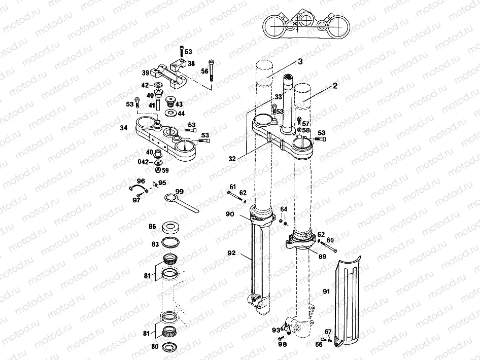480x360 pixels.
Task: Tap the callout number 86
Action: click(152, 227)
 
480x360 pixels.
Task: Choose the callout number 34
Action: click(123, 128)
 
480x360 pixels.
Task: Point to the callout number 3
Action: click(300, 61)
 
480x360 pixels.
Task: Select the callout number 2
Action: click(335, 87)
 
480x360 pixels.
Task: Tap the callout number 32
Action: click(232, 159)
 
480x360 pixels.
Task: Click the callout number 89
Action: click(322, 257)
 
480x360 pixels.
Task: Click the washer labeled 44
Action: click(170, 113)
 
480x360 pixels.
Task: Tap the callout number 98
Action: click(282, 344)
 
